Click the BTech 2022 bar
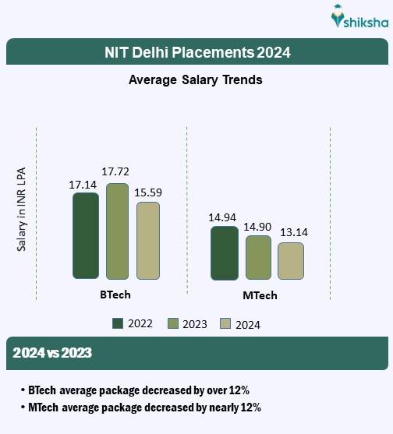coord(86,235)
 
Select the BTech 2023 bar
coord(117,231)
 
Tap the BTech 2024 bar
coord(148,240)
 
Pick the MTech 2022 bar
coord(225,252)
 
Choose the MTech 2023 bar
coord(258,257)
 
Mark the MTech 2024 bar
coord(290,260)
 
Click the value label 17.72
coord(118,171)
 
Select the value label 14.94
coord(224,216)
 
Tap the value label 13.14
coord(292,231)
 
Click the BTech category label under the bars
coord(115,295)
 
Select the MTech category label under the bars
coord(260,296)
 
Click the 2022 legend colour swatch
coord(119,323)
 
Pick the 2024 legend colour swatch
coord(226,323)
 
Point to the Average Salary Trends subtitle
coord(195,80)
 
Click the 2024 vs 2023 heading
coord(52,353)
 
